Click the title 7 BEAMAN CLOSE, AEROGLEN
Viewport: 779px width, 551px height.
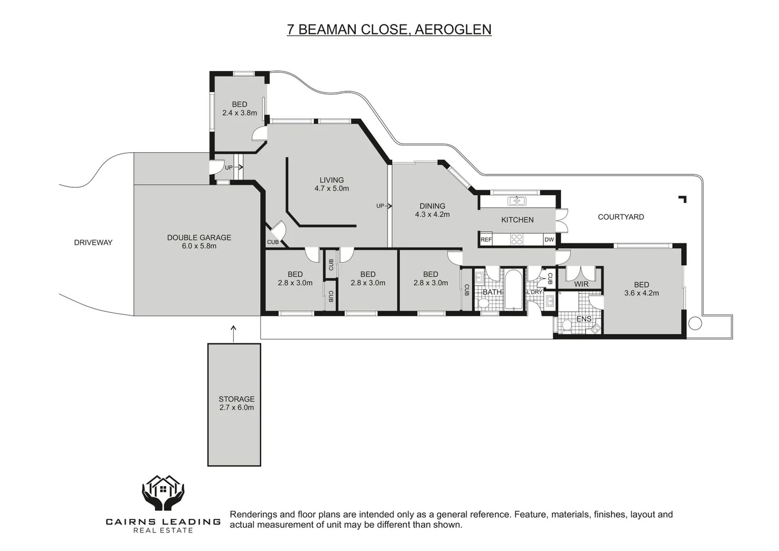[389, 30]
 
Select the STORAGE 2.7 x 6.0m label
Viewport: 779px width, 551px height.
[237, 403]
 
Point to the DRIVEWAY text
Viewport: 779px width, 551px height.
[93, 242]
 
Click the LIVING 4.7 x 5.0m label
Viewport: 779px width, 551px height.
[332, 184]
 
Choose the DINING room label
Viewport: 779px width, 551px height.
[432, 210]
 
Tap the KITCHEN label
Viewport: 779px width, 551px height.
[517, 220]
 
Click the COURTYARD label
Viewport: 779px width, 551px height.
[621, 217]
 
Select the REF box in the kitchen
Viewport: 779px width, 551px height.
[486, 240]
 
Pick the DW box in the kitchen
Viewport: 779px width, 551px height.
[549, 240]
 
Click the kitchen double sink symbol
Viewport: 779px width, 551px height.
[517, 201]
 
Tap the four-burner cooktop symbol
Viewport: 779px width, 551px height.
[517, 239]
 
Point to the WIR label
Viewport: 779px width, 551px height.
[581, 284]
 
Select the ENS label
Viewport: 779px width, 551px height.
[584, 319]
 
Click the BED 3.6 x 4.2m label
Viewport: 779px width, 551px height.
[641, 289]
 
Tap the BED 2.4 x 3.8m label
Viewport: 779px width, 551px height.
[240, 109]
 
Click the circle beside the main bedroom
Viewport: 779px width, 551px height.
[695, 323]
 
